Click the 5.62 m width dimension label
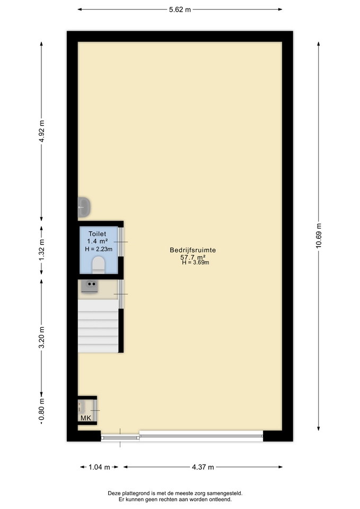pos(180,10)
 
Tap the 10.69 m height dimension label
pos(319,235)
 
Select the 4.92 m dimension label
pos(41,131)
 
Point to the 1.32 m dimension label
pos(41,250)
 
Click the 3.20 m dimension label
pos(41,338)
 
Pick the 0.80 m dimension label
pos(41,411)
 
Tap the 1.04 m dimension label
pos(99,467)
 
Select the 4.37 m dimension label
pos(203,467)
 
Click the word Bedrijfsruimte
pos(193,250)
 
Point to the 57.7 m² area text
pos(193,257)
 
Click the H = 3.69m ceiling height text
pos(196,262)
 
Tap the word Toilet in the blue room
pos(98,234)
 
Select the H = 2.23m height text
pos(99,249)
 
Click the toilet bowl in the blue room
pos(99,265)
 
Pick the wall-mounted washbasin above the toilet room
pos(84,207)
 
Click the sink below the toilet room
pos(90,287)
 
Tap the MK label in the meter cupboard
pos(86,418)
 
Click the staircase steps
pos(98,326)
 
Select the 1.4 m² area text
pos(98,242)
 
